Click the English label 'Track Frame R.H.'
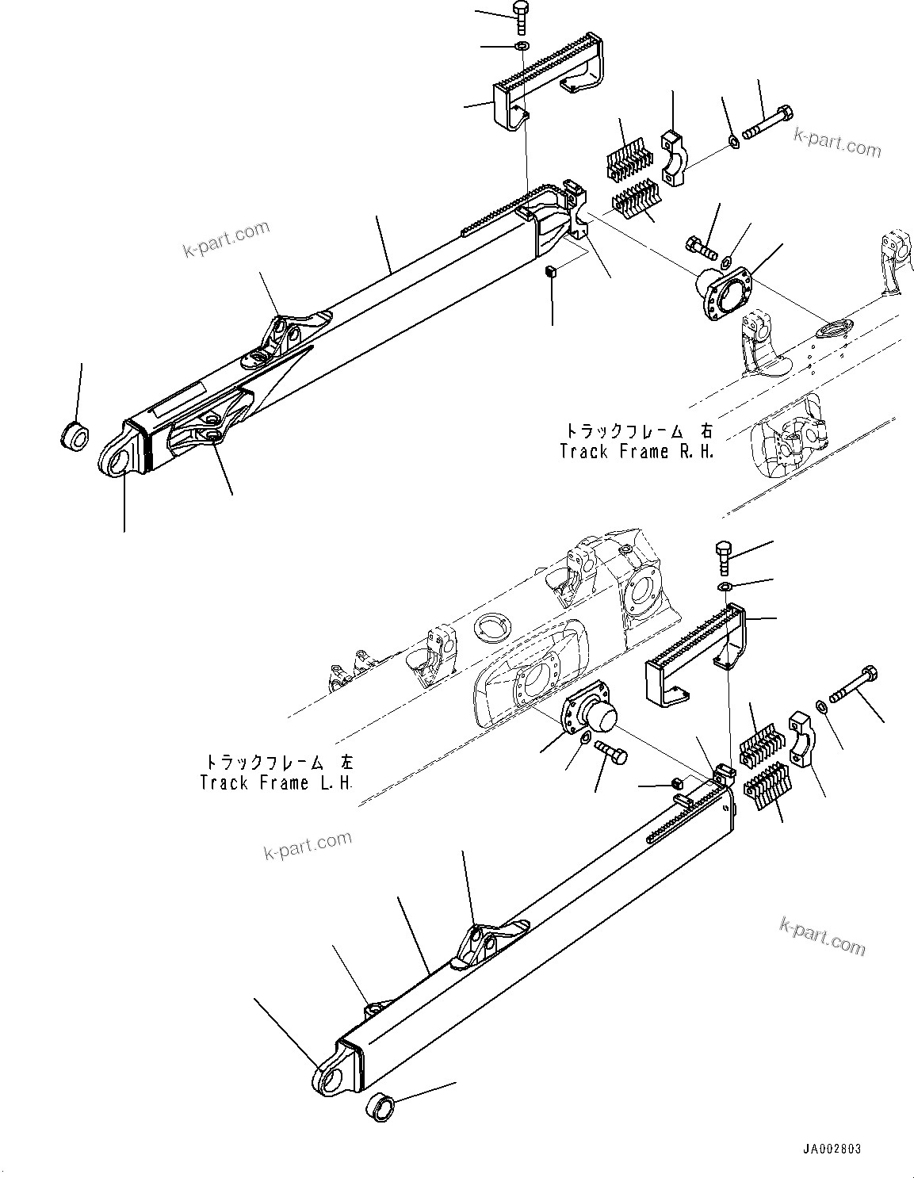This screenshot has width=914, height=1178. pyautogui.click(x=637, y=452)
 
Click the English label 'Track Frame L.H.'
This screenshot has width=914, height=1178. pyautogui.click(x=277, y=783)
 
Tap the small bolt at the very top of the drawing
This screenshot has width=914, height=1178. pyautogui.click(x=521, y=17)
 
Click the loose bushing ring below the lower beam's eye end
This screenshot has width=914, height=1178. pyautogui.click(x=379, y=1106)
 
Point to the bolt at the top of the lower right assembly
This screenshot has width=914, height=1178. pyautogui.click(x=724, y=555)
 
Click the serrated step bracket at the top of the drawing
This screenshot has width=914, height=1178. pyautogui.click(x=547, y=75)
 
